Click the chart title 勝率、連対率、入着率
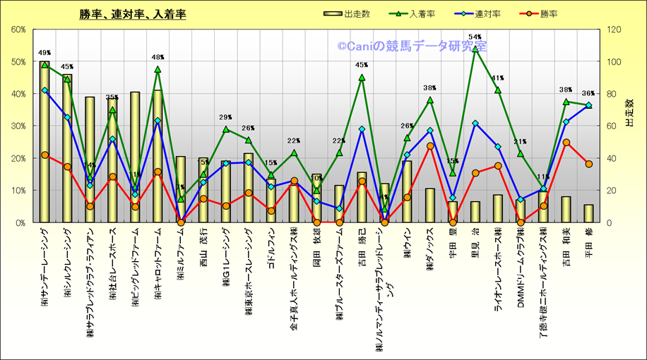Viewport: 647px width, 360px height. click(133, 14)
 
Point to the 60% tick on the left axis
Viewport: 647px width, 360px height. click(18, 30)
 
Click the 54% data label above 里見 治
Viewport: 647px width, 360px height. click(475, 37)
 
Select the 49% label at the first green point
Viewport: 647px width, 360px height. click(44, 53)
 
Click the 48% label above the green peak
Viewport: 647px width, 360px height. click(158, 57)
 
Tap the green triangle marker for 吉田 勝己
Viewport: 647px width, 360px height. click(362, 78)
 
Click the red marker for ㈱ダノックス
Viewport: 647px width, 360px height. click(429, 146)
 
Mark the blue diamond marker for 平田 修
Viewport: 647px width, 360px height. click(588, 105)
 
